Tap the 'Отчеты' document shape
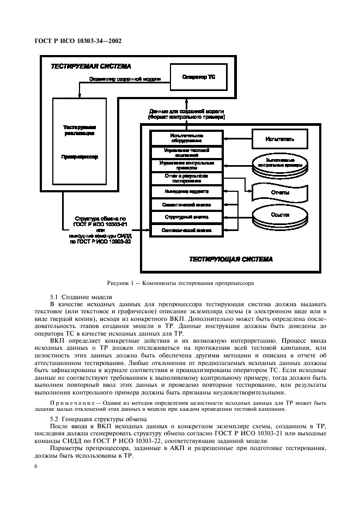point(280,192)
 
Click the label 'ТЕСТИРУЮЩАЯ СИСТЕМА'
point(231,259)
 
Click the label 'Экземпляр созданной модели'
point(125,80)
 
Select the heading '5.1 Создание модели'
point(81,297)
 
